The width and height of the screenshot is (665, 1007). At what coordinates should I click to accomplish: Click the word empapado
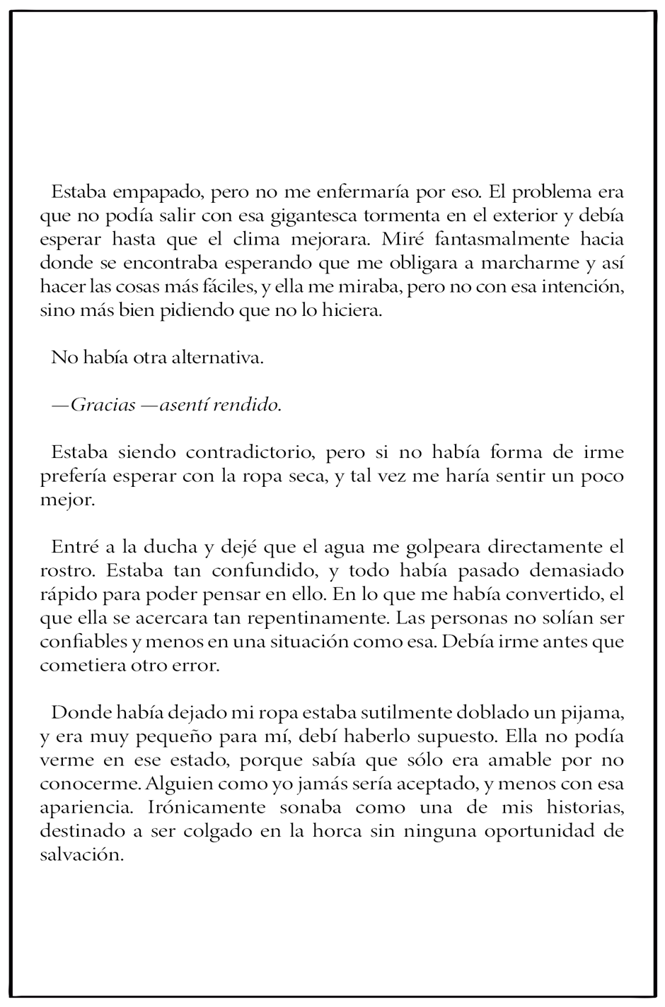149,192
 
